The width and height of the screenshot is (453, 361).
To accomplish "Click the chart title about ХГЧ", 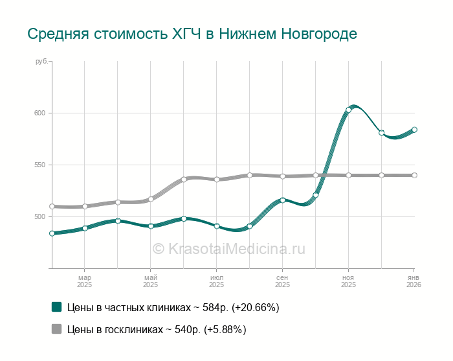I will pos(192,33).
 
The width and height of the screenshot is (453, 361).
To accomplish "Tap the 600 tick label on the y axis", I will pos(40,113).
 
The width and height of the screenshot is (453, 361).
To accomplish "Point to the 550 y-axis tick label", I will pos(40,165).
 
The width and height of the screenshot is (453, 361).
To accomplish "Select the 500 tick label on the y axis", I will pos(40,216).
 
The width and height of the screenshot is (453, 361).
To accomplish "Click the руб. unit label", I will pos(41,62).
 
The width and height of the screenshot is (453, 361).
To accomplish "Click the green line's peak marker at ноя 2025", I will pos(349,110).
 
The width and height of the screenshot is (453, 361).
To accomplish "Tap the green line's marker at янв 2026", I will pos(414,130).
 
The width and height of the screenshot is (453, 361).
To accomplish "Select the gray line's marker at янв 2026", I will pos(414,175).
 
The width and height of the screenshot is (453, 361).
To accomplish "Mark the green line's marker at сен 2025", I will pos(283,200).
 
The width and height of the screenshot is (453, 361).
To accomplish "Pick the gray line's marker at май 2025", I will pos(151,199).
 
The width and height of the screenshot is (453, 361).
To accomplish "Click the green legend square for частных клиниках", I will pos(56,307).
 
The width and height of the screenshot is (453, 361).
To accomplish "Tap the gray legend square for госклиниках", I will pos(56,329).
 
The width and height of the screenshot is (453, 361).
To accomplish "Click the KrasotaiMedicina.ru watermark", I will pos(228,248).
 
